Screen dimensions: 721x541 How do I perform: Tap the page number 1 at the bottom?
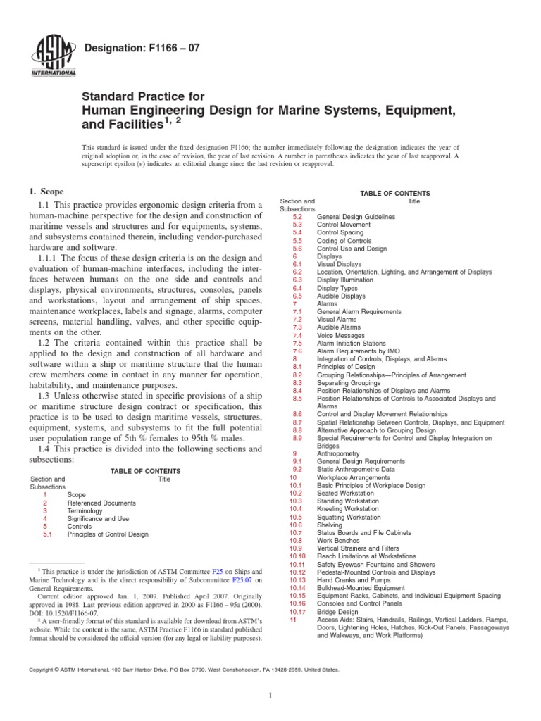pyautogui.click(x=270, y=696)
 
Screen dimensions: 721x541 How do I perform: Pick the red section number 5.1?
pyautogui.click(x=47, y=534)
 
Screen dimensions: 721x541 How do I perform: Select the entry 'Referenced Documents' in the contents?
pyautogui.click(x=101, y=503)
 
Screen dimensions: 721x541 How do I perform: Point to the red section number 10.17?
pyautogui.click(x=296, y=612)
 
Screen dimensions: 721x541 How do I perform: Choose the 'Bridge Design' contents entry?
pyautogui.click(x=337, y=612)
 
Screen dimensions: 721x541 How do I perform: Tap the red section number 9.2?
pyautogui.click(x=297, y=469)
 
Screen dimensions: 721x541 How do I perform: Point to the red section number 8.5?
pyautogui.click(x=297, y=399)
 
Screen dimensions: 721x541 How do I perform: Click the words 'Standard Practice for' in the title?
pyautogui.click(x=144, y=96)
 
